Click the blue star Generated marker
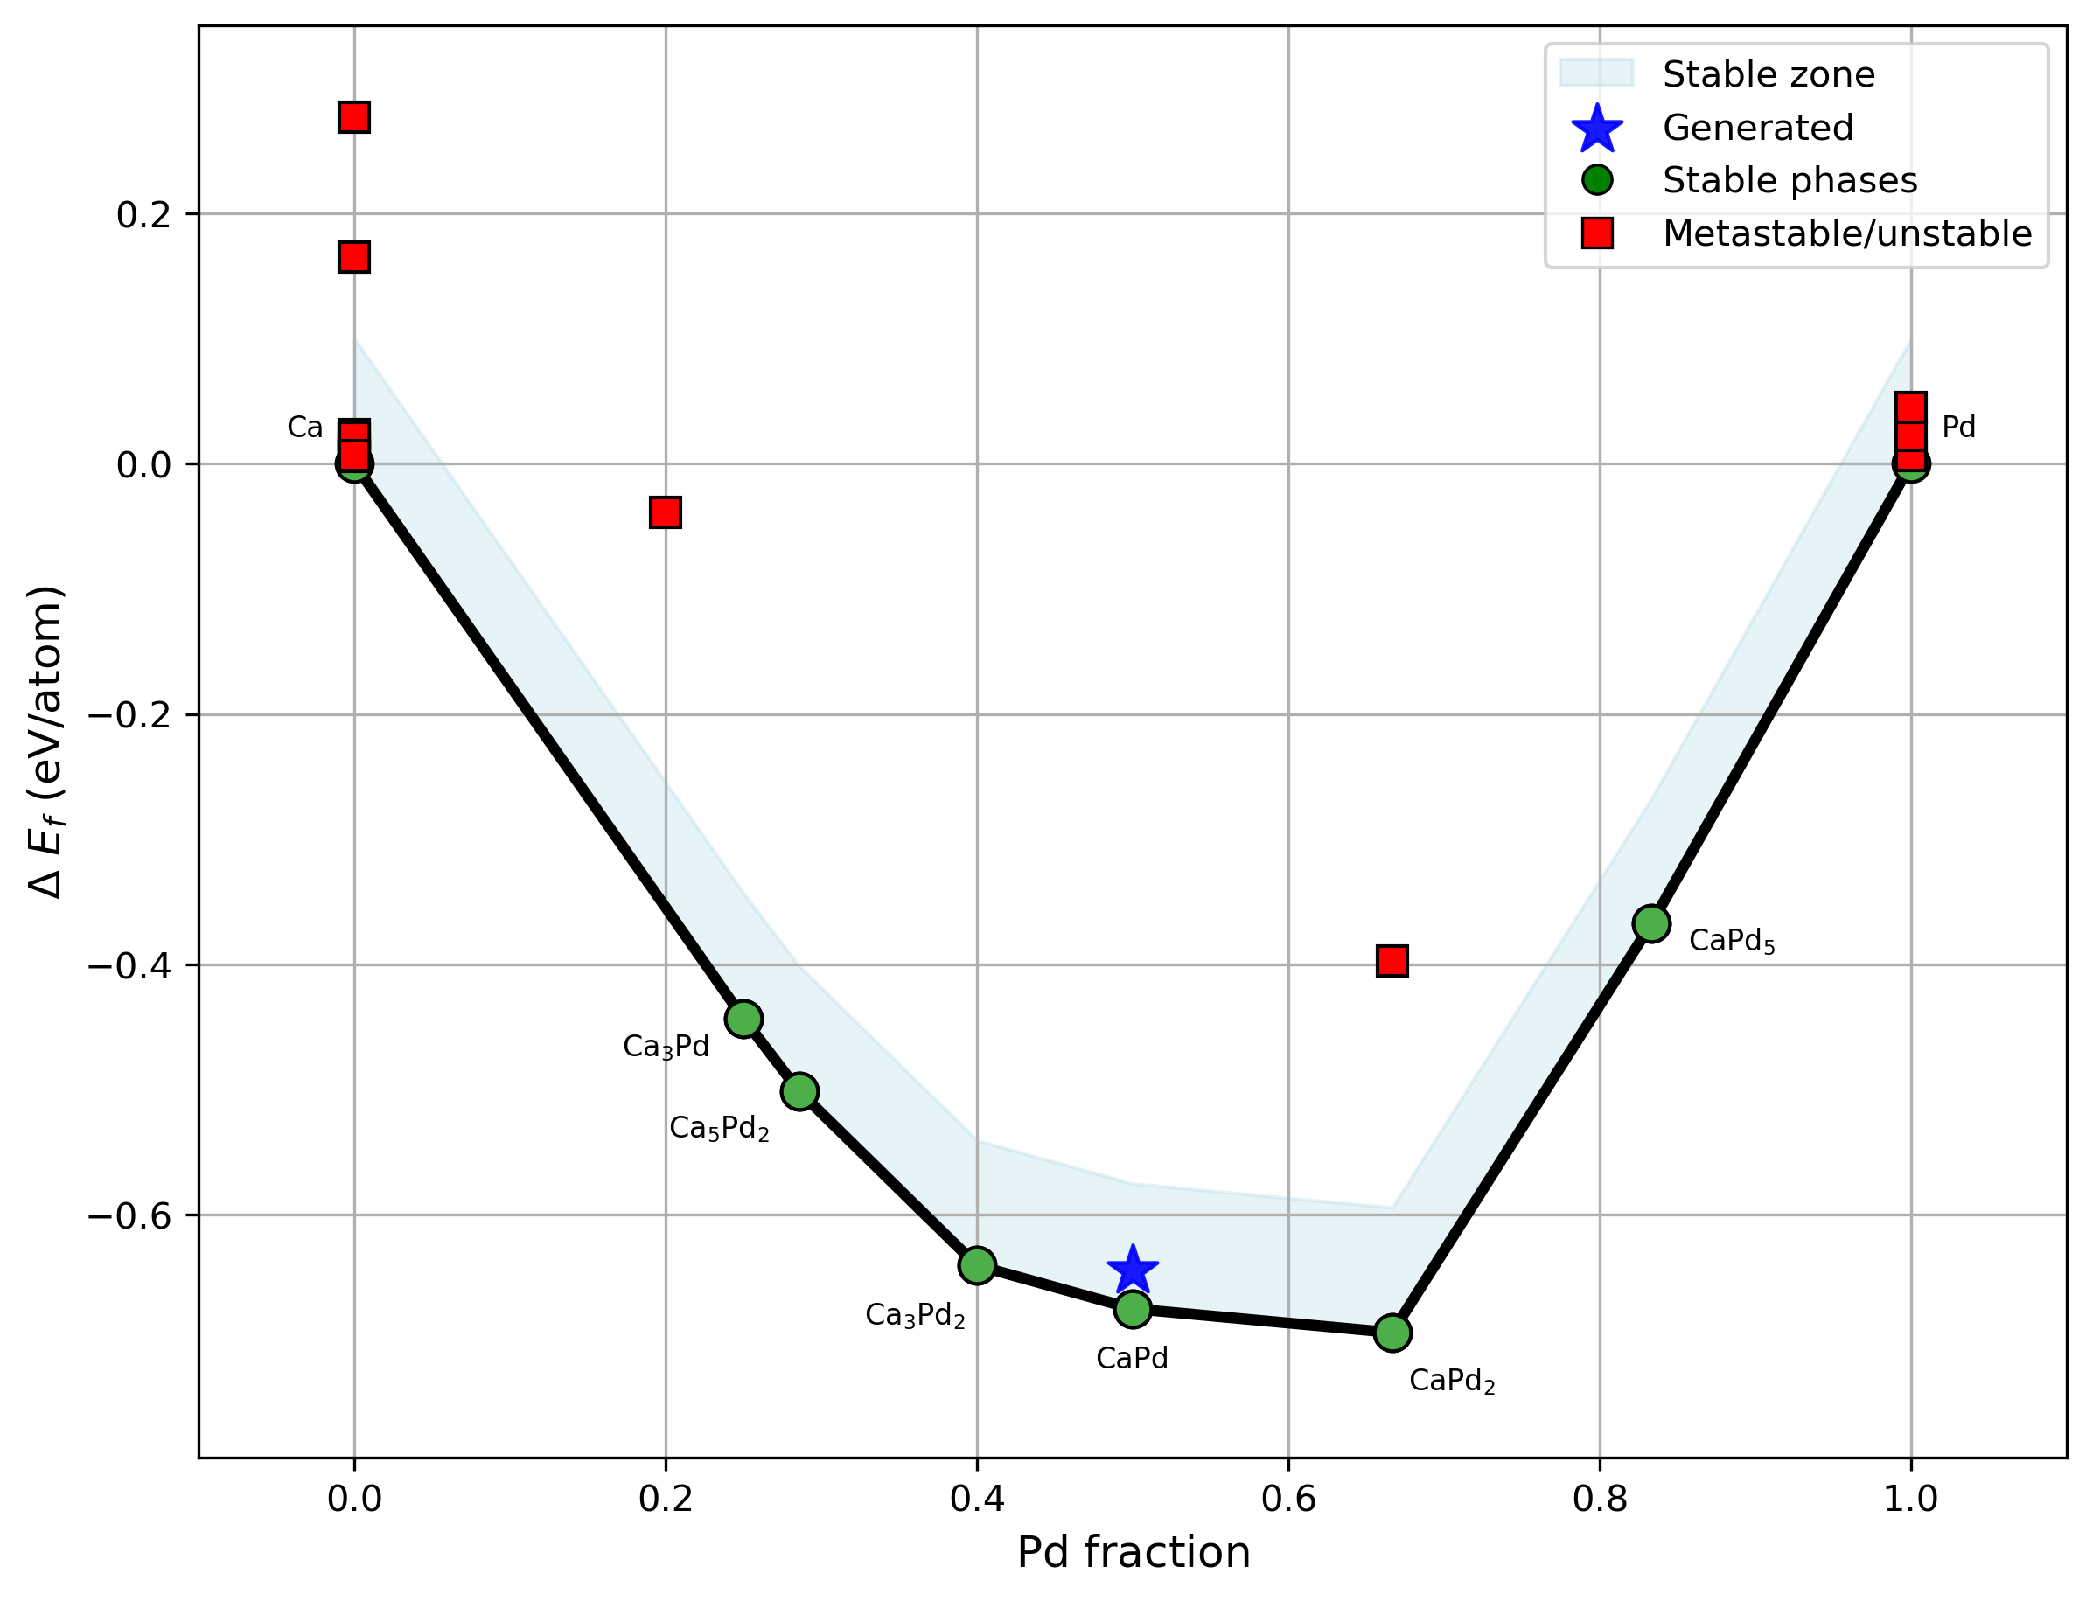(1133, 1270)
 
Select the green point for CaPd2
(1392, 1333)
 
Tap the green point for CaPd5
(1651, 923)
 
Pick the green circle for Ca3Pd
(743, 1019)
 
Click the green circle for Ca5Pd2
(799, 1091)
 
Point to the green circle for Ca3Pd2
(977, 1265)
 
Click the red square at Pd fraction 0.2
(666, 512)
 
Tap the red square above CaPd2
(1392, 961)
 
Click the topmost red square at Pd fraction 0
(353, 117)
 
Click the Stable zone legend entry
(1768, 74)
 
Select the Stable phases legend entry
(1789, 180)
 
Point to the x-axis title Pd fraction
(1134, 1552)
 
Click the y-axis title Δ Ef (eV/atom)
(45, 741)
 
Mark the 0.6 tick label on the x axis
(1288, 1499)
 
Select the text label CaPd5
(1732, 942)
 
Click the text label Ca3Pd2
(915, 1315)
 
